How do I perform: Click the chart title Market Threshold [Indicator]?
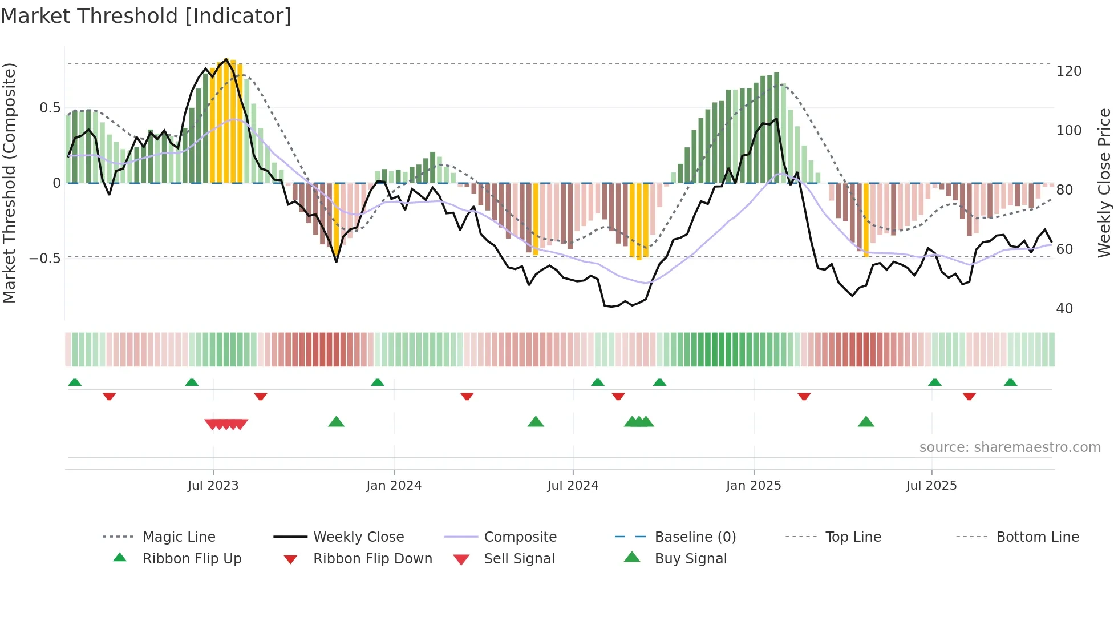point(146,16)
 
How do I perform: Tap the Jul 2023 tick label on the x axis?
point(213,486)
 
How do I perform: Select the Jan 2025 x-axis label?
point(753,486)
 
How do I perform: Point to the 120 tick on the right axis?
point(1068,71)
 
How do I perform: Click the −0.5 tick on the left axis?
point(44,258)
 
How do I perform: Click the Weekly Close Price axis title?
point(1104,183)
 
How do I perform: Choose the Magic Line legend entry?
point(179,537)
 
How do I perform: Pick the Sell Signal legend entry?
point(519,559)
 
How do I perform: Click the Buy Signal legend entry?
point(690,559)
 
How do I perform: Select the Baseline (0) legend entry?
point(695,537)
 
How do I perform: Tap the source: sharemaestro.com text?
point(1010,447)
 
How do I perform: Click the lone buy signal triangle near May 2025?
point(866,422)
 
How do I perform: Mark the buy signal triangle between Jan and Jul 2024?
point(536,422)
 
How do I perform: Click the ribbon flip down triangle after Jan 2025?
point(804,396)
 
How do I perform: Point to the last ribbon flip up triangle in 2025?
point(1010,382)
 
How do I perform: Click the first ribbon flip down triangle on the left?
point(109,396)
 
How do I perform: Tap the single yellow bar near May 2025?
point(866,220)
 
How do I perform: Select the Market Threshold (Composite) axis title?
point(9,183)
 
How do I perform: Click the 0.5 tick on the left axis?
point(50,108)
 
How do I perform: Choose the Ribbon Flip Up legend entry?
point(192,559)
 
